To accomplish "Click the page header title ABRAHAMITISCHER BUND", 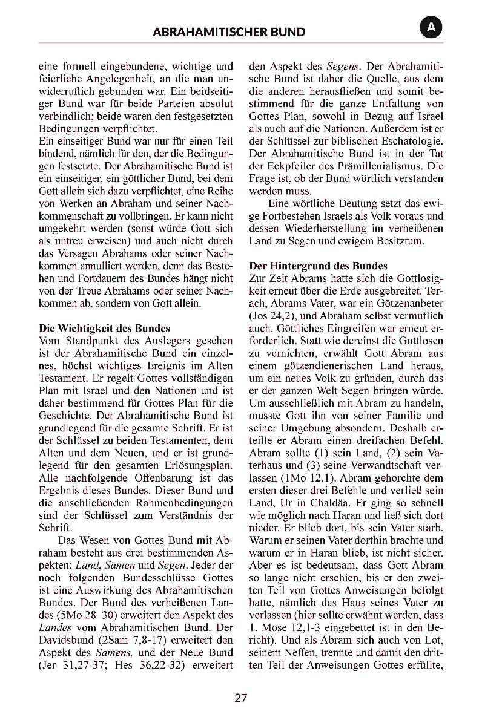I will point(229,32).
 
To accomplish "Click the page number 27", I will point(241,698).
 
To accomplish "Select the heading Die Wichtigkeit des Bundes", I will point(104,329).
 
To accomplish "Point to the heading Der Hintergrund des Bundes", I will point(318,266).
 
